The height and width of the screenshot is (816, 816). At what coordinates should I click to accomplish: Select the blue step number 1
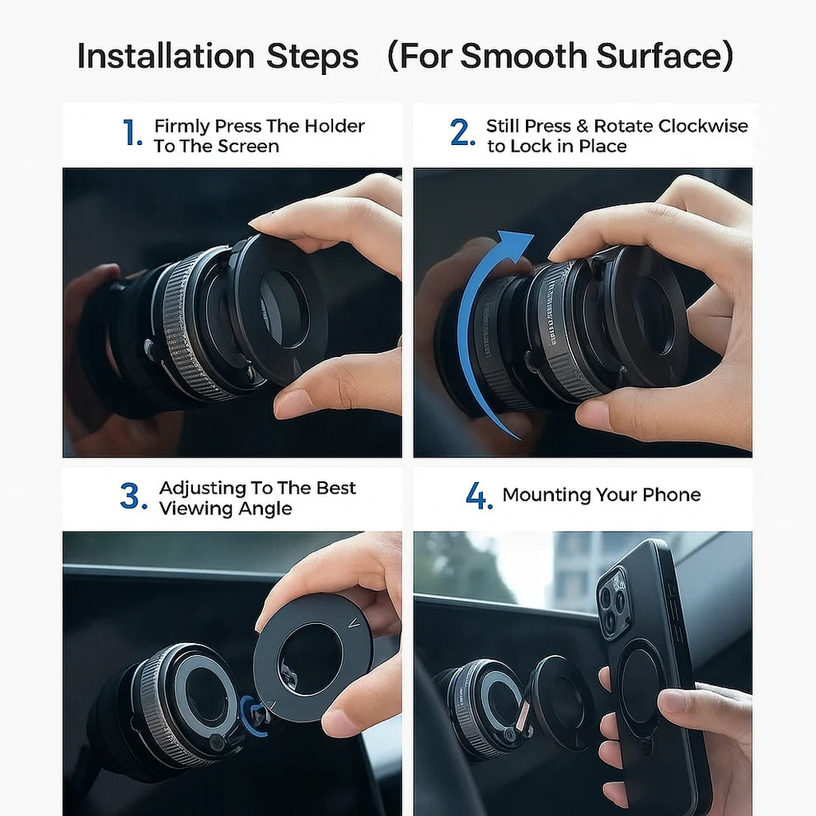point(132,134)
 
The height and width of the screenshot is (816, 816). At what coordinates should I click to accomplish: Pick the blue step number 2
point(462,134)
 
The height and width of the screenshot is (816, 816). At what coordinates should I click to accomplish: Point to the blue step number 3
point(134,497)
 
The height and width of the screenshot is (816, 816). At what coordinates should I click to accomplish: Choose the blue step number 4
point(478,497)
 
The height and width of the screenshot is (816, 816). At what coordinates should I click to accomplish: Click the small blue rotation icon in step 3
point(254,712)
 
